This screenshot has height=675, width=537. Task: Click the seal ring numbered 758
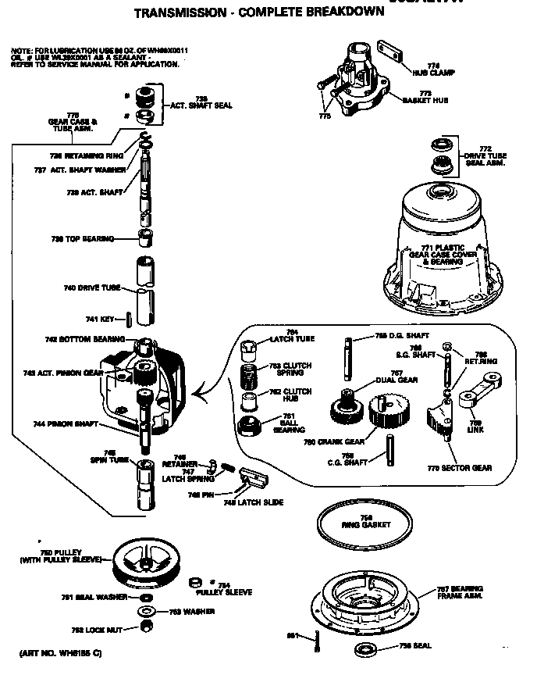click(363, 648)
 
